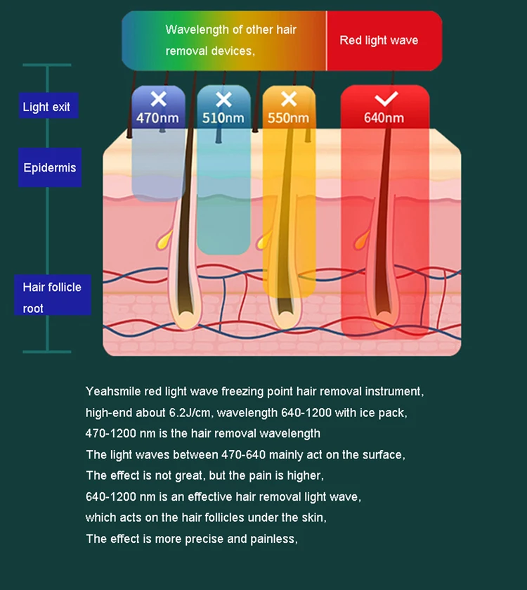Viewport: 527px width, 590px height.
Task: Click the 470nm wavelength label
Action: (157, 118)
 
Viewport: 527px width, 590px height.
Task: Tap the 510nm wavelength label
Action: (223, 118)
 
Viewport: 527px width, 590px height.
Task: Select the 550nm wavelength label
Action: (288, 118)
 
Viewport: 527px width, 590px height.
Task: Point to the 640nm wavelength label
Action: (384, 118)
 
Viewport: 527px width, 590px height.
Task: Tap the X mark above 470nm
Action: (158, 98)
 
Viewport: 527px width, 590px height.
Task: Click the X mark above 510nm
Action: (223, 98)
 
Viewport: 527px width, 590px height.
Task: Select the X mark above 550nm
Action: (289, 98)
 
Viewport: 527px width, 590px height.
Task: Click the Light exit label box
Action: (46, 107)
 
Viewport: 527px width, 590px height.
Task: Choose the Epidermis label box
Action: (50, 168)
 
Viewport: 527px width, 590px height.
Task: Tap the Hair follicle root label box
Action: (52, 297)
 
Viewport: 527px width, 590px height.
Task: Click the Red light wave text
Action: (379, 40)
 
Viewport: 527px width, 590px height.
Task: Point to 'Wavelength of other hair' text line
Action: (230, 30)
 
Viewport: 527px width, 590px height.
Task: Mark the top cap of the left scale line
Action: (47, 65)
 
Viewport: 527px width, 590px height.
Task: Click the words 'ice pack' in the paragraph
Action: (396, 413)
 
